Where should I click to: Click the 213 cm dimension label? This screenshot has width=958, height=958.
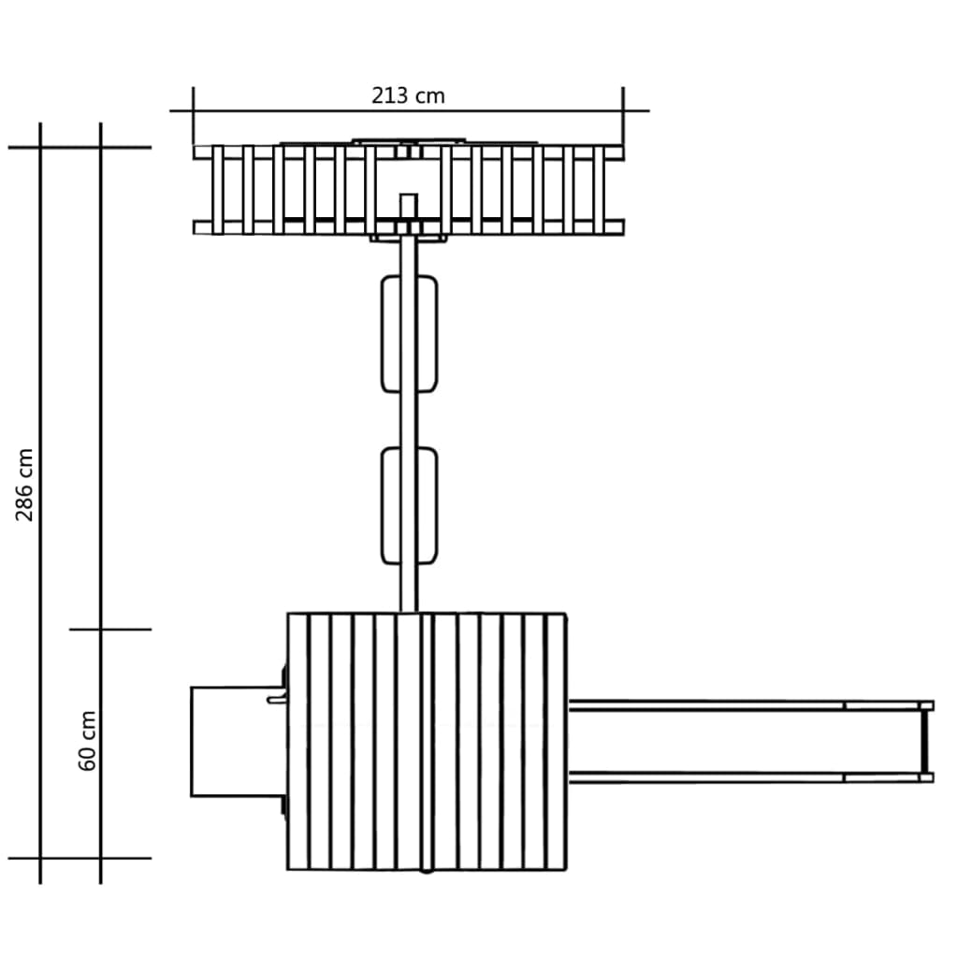click(408, 96)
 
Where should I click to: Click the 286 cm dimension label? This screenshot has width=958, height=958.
click(24, 485)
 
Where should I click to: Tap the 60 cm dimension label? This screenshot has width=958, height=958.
click(87, 741)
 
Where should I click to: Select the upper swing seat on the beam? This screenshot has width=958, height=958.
click(409, 334)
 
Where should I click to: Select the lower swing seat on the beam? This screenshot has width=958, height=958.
click(409, 506)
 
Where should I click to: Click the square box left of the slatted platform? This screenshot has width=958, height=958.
click(239, 741)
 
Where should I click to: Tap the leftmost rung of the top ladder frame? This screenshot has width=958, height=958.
click(217, 189)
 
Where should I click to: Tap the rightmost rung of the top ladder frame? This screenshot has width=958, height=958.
click(599, 189)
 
